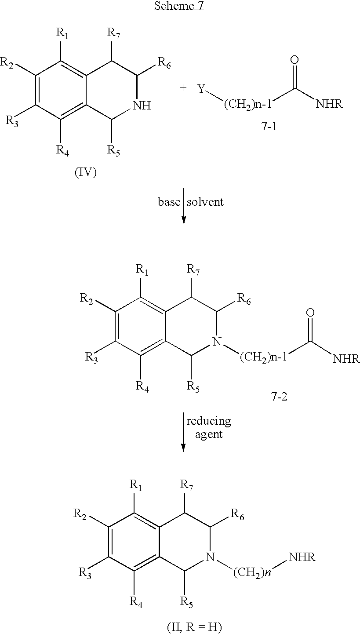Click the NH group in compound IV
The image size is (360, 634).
point(142,106)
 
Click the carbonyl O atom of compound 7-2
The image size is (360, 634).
point(310,313)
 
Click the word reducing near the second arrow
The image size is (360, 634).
point(209,421)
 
